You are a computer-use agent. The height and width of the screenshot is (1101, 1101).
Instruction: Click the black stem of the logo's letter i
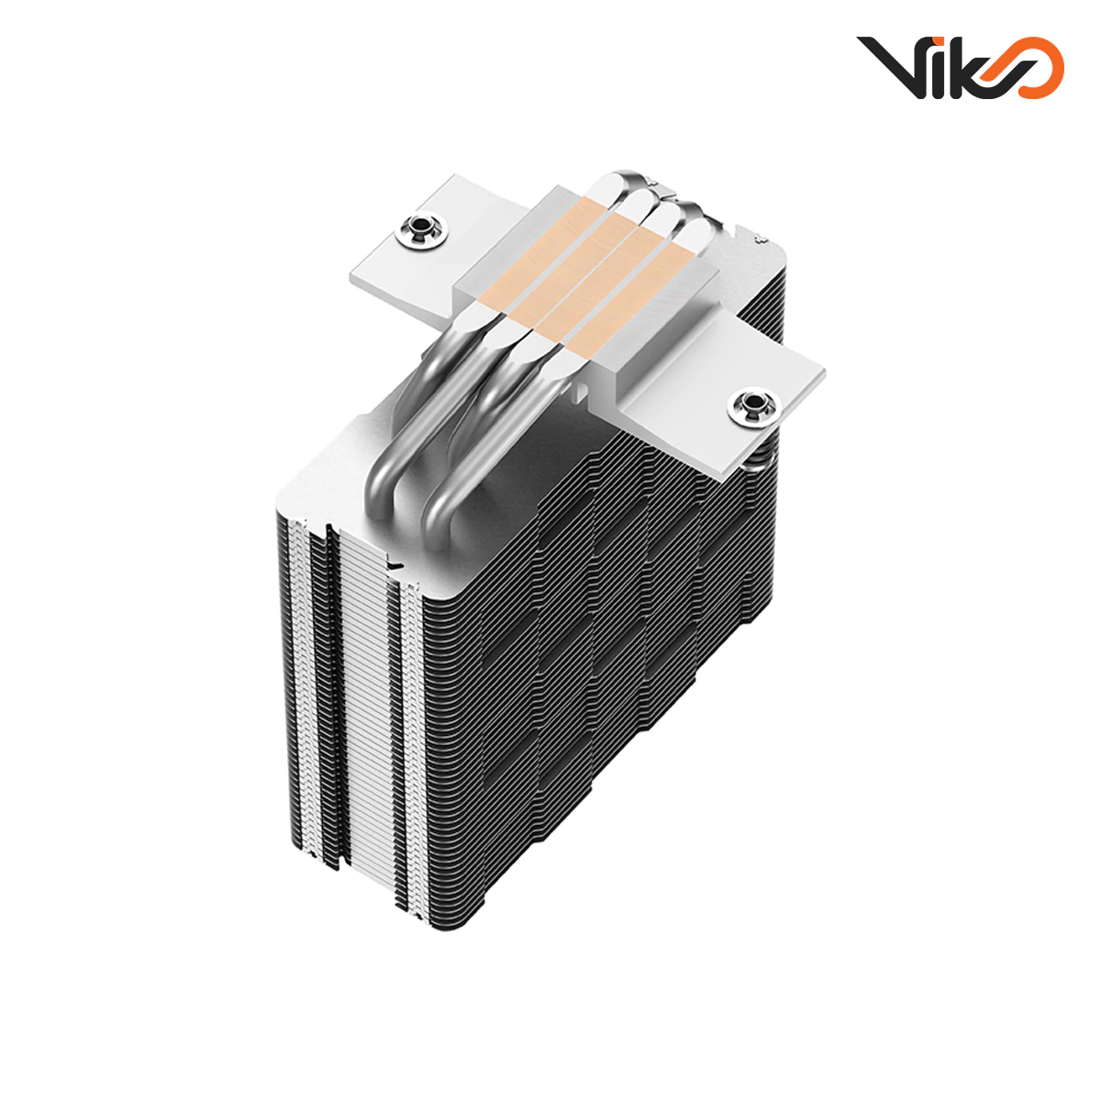tap(936, 76)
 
